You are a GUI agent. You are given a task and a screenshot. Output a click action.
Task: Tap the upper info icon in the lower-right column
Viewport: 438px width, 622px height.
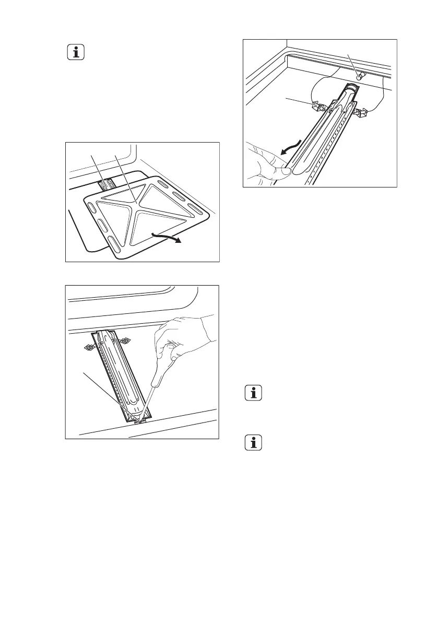point(254,394)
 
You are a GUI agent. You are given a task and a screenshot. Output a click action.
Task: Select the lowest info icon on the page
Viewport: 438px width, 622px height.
point(254,443)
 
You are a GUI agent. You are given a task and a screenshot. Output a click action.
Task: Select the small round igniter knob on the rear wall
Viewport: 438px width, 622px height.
point(359,77)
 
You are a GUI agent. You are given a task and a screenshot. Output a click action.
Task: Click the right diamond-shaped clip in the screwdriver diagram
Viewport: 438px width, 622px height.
point(125,341)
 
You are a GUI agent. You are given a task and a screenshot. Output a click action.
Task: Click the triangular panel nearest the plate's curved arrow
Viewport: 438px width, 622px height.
point(151,225)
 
